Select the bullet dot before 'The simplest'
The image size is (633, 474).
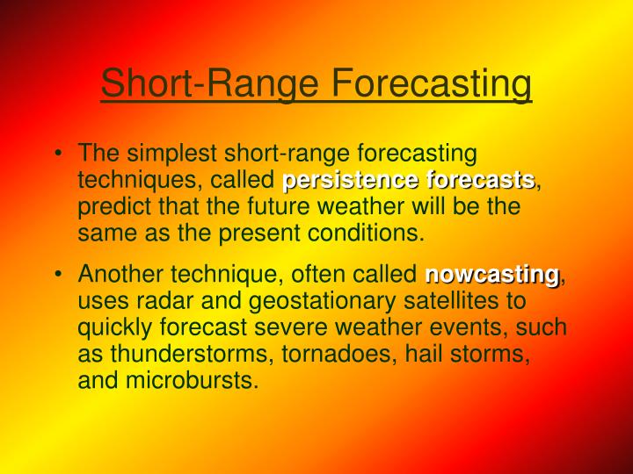[57, 154]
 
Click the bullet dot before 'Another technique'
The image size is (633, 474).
[57, 275]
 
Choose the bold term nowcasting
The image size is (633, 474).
[492, 275]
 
